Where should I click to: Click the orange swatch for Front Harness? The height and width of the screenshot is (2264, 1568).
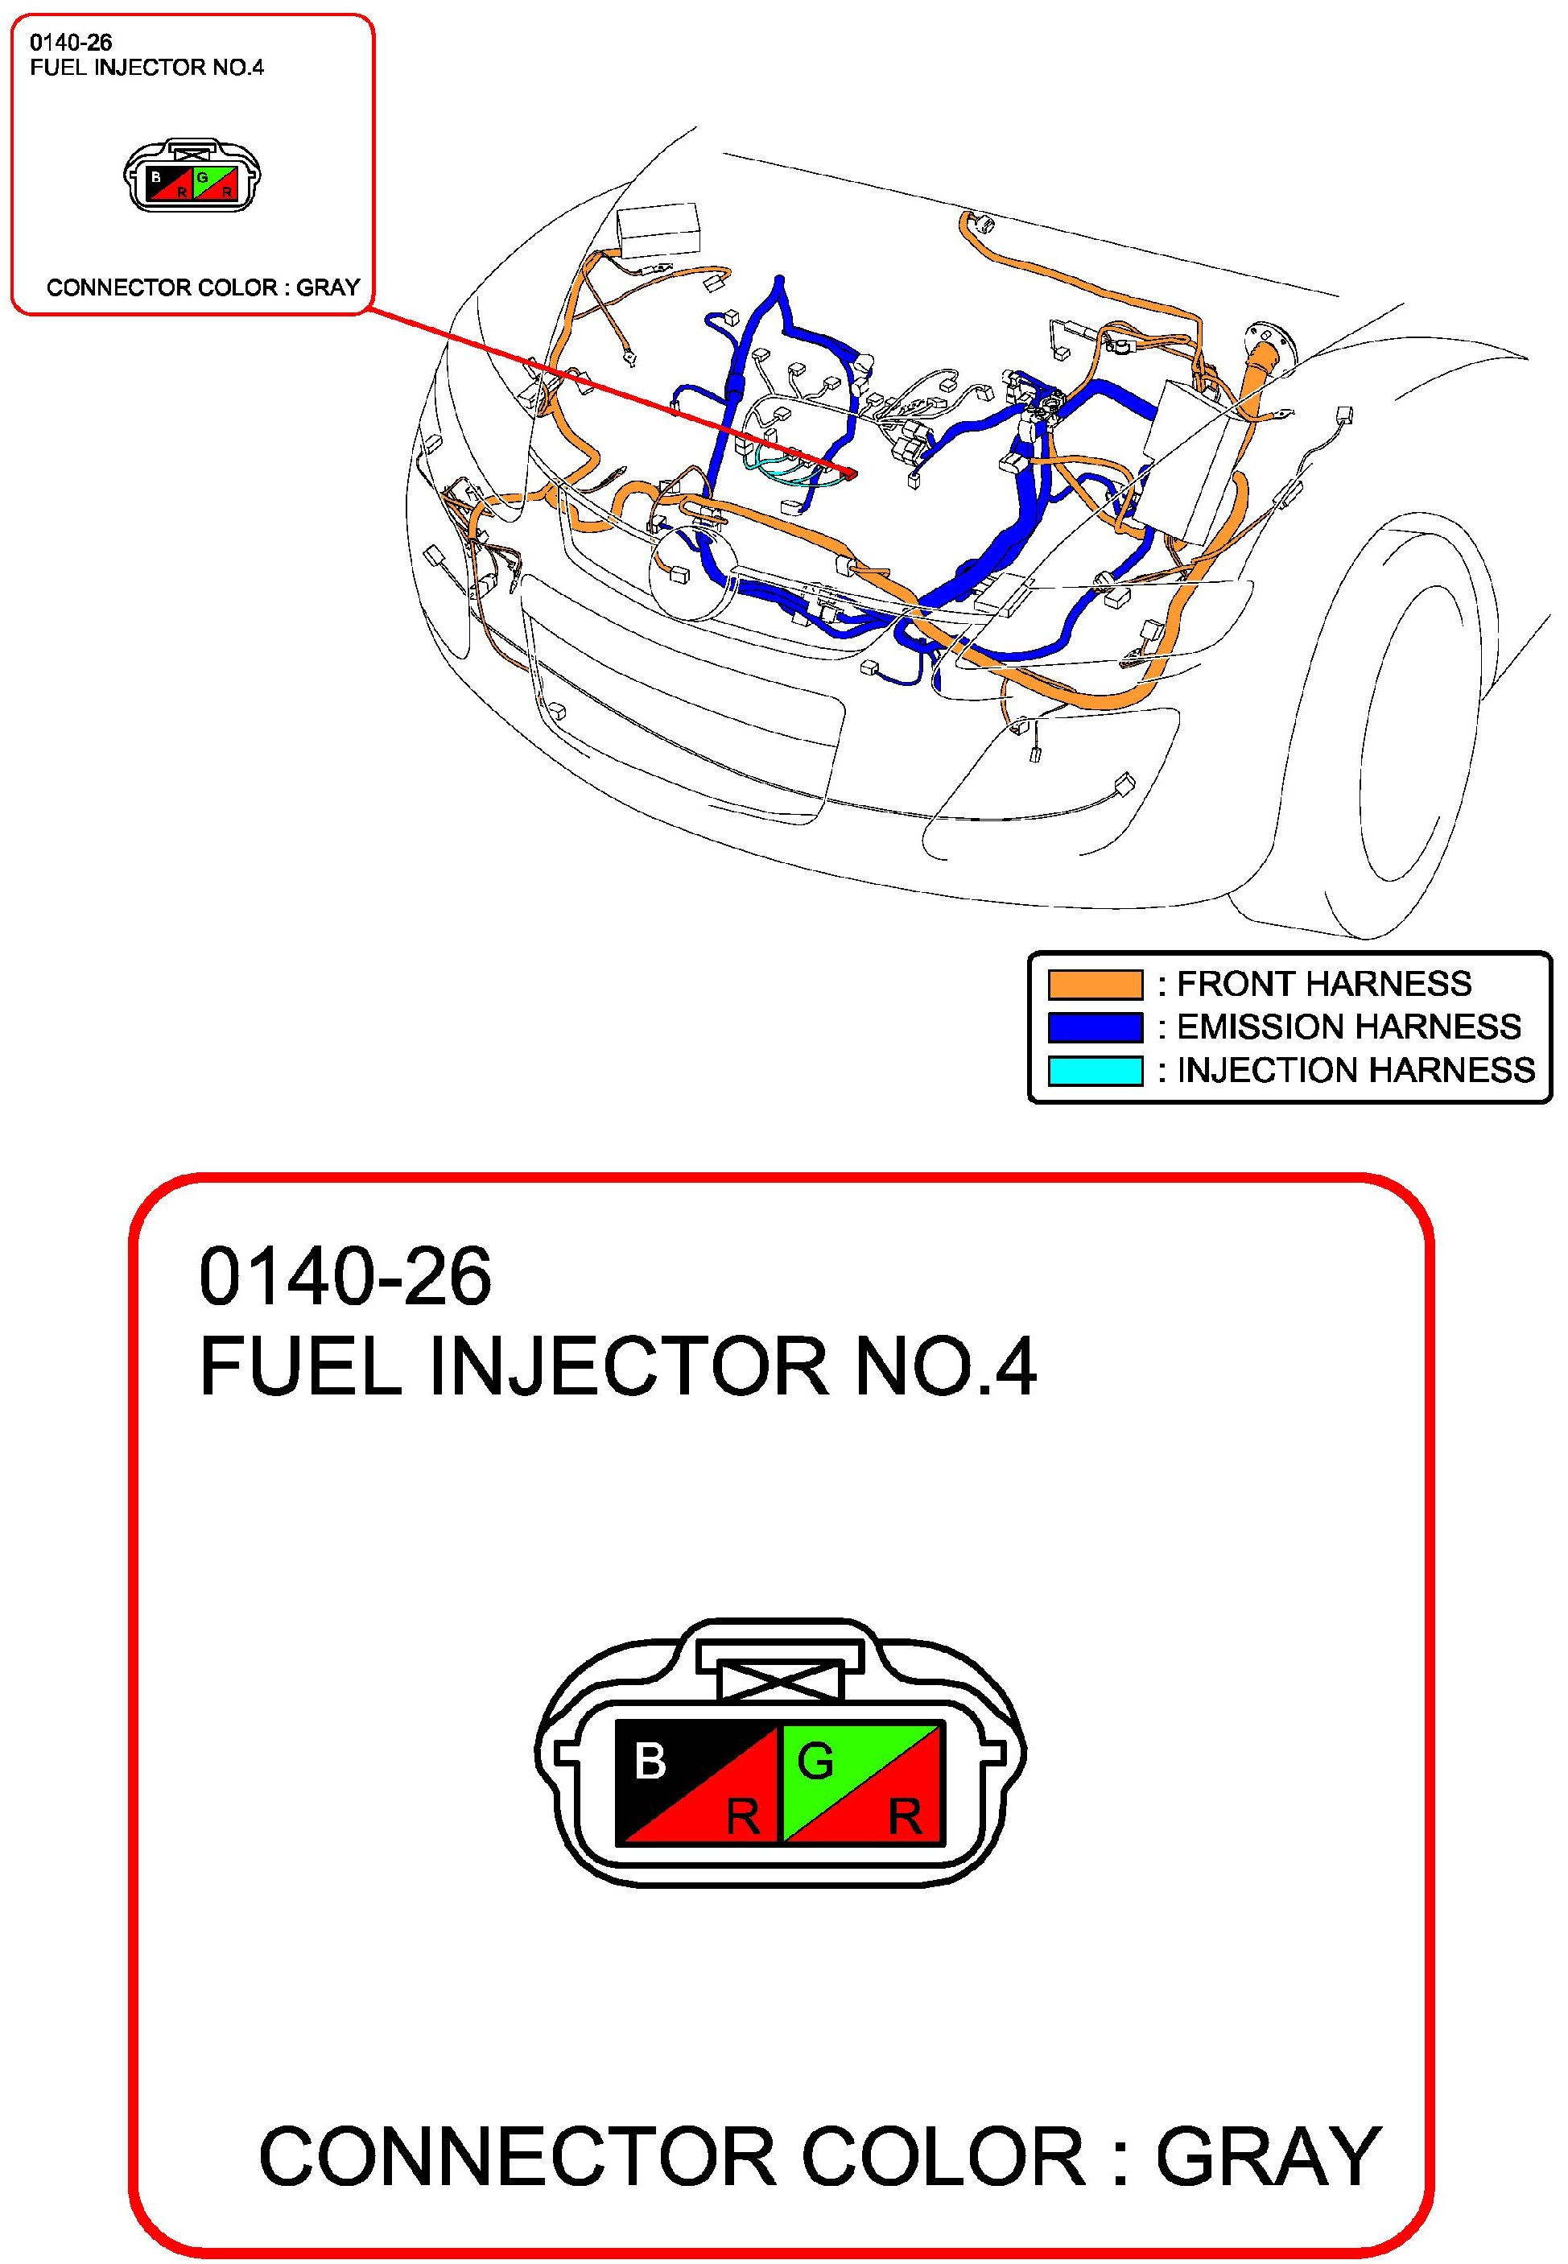[1095, 984]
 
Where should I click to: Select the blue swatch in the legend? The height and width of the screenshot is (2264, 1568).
[1095, 1027]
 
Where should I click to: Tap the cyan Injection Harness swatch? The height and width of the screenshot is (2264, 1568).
[1095, 1070]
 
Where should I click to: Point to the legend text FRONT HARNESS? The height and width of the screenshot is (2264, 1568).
[1323, 984]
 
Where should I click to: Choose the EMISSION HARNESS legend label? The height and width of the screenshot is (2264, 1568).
[1348, 1027]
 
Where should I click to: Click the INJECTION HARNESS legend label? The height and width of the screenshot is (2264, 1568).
[1355, 1070]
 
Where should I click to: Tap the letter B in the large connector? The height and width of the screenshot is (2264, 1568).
[650, 1761]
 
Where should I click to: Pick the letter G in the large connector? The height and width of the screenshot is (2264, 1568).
[815, 1761]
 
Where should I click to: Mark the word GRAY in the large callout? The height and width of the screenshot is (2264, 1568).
[1268, 2157]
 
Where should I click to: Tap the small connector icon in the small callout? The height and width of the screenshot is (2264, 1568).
[192, 178]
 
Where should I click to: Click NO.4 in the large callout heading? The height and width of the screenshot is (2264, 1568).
[945, 1367]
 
